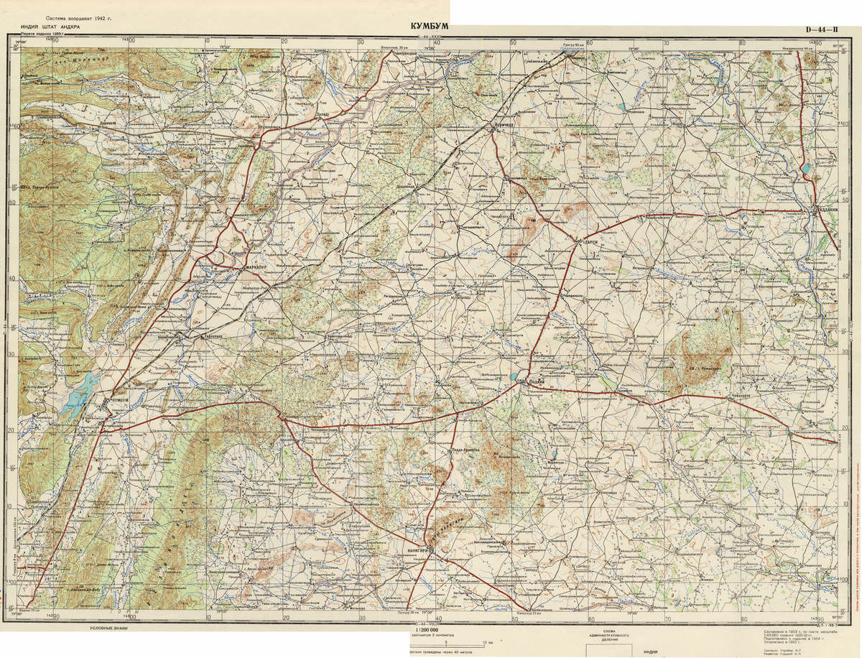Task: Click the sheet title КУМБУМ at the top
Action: [430, 26]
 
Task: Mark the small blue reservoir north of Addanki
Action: [807, 170]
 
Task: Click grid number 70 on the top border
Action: [665, 42]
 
